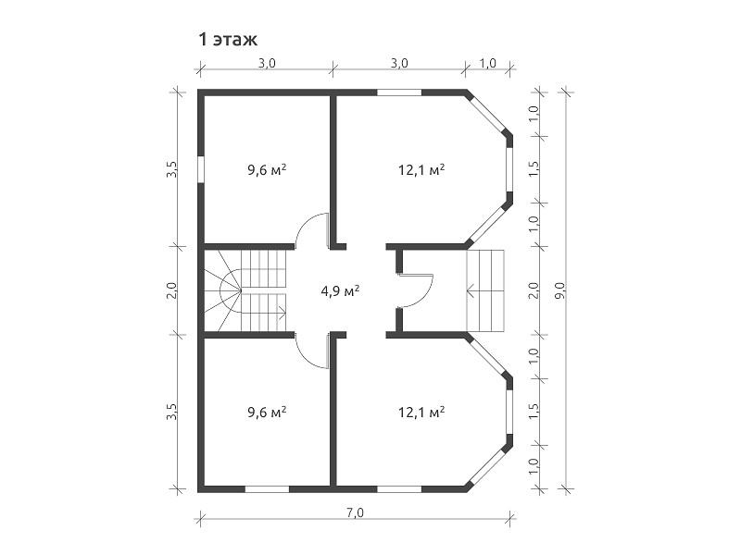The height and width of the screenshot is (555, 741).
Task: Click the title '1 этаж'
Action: click(228, 40)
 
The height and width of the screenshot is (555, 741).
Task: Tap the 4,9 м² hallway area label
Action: click(340, 290)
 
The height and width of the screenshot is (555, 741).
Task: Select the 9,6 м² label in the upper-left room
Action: click(267, 169)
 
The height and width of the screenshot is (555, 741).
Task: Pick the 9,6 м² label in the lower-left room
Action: click(267, 413)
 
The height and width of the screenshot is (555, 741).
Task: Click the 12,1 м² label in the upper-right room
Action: click(421, 169)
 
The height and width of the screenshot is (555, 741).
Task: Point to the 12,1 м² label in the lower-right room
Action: click(421, 413)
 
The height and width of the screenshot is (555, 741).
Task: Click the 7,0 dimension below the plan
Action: click(355, 513)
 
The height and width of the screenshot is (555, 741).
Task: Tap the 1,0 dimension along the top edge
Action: click(488, 63)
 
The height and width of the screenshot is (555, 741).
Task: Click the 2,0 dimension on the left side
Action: click(171, 290)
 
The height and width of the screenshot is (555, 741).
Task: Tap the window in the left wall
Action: click(201, 169)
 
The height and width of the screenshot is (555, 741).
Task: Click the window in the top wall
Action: click(399, 92)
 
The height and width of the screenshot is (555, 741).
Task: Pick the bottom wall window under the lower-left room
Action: click(267, 489)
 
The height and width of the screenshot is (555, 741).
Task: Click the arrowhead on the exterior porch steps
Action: click(471, 290)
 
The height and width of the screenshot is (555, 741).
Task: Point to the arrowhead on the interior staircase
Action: click(283, 311)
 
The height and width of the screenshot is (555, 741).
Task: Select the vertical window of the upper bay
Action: click(509, 169)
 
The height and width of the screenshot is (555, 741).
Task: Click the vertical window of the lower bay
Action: click(509, 412)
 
